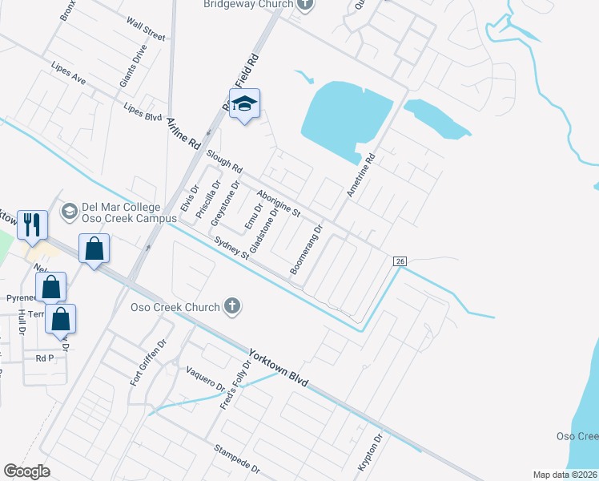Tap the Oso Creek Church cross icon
pos(232,305)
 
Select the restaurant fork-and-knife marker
pos(32,224)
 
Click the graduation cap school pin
pos(244,103)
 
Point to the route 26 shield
pos(401,261)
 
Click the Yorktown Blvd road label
pos(277,365)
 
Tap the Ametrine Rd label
pos(360,177)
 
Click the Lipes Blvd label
pos(143,111)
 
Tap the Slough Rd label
pos(224,161)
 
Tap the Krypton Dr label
pos(371,454)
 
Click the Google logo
pos(26,471)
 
